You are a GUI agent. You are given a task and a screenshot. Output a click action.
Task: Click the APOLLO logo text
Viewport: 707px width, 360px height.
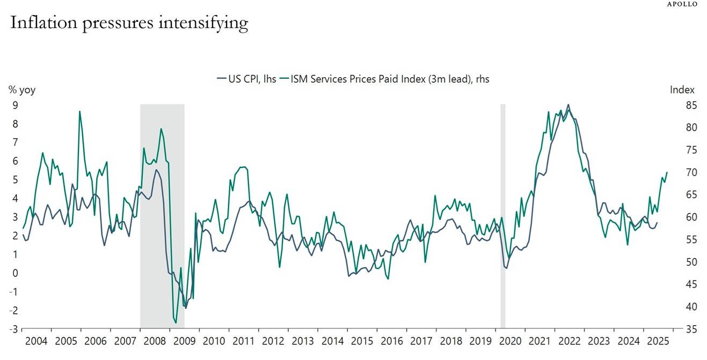tap(683, 4)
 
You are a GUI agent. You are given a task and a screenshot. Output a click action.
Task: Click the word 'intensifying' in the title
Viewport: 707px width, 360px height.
tap(210, 23)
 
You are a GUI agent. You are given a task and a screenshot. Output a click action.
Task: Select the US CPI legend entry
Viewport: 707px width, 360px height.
tap(246, 79)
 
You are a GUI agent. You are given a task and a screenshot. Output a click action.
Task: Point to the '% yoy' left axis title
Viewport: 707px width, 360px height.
tap(21, 90)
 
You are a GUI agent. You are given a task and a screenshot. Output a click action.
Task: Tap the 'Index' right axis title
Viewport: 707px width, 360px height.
tap(682, 90)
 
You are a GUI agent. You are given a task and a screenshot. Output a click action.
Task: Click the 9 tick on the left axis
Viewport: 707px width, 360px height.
tap(15, 105)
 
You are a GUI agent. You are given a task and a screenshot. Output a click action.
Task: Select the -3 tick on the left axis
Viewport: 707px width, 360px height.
tap(13, 329)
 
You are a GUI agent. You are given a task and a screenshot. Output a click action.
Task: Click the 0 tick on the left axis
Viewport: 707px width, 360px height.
tap(15, 273)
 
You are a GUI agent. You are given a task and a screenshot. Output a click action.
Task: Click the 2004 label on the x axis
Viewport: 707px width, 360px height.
tap(37, 341)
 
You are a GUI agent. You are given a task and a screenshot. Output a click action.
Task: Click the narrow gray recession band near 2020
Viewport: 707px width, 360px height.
tap(503, 215)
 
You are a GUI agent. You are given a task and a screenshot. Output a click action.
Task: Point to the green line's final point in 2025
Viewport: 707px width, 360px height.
tap(667, 172)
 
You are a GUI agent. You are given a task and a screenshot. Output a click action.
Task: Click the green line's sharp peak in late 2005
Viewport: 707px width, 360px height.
tap(79, 112)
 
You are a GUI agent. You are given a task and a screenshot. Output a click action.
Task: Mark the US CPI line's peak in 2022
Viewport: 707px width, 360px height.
tap(568, 105)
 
